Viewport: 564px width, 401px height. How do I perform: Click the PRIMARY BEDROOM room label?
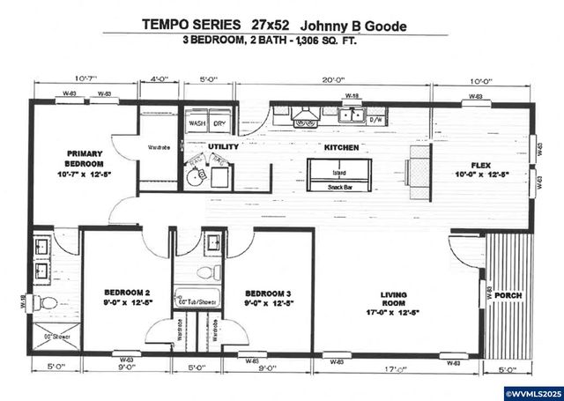tap(85, 164)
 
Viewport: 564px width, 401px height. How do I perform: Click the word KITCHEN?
tap(341, 147)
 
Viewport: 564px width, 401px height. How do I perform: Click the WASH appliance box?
tap(197, 123)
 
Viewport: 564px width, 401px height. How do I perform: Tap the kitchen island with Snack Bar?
tap(338, 175)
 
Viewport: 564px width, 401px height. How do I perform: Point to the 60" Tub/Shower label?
tap(197, 301)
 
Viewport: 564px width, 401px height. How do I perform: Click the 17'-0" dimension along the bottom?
tap(395, 368)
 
